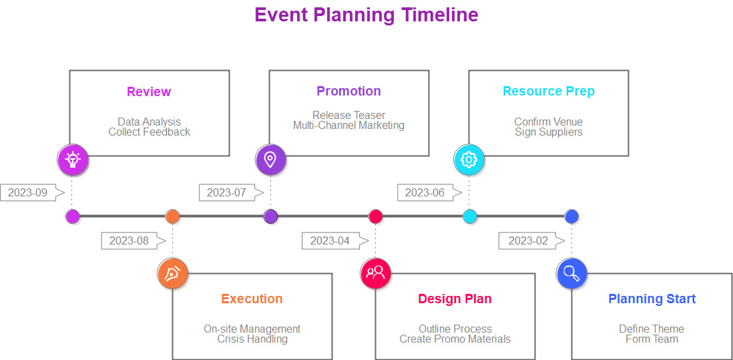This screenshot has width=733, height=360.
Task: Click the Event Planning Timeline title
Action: [366, 15]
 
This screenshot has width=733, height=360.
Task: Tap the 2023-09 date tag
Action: [28, 192]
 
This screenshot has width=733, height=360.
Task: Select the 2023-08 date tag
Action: [129, 240]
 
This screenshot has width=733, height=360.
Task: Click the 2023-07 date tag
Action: [226, 192]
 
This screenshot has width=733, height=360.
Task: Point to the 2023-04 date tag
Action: [330, 240]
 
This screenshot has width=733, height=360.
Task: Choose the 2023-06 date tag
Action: [425, 192]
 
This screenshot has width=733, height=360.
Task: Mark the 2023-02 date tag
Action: [527, 240]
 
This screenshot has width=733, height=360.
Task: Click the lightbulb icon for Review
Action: [73, 160]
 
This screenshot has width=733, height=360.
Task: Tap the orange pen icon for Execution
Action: [172, 274]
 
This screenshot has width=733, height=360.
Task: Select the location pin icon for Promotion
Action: [270, 160]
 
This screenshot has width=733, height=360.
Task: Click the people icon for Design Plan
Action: [375, 273]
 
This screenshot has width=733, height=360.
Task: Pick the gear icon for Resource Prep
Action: [469, 160]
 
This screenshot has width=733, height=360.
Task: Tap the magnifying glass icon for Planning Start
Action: [571, 273]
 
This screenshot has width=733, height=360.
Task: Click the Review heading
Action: [149, 92]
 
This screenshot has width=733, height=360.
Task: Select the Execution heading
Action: [252, 299]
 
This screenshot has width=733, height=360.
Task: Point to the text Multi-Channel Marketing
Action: [348, 125]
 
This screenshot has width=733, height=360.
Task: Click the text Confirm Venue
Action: [548, 122]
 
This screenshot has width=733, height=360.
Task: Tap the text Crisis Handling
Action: [252, 339]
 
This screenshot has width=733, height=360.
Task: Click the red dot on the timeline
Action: [376, 216]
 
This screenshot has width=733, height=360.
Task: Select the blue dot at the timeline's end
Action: [571, 216]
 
